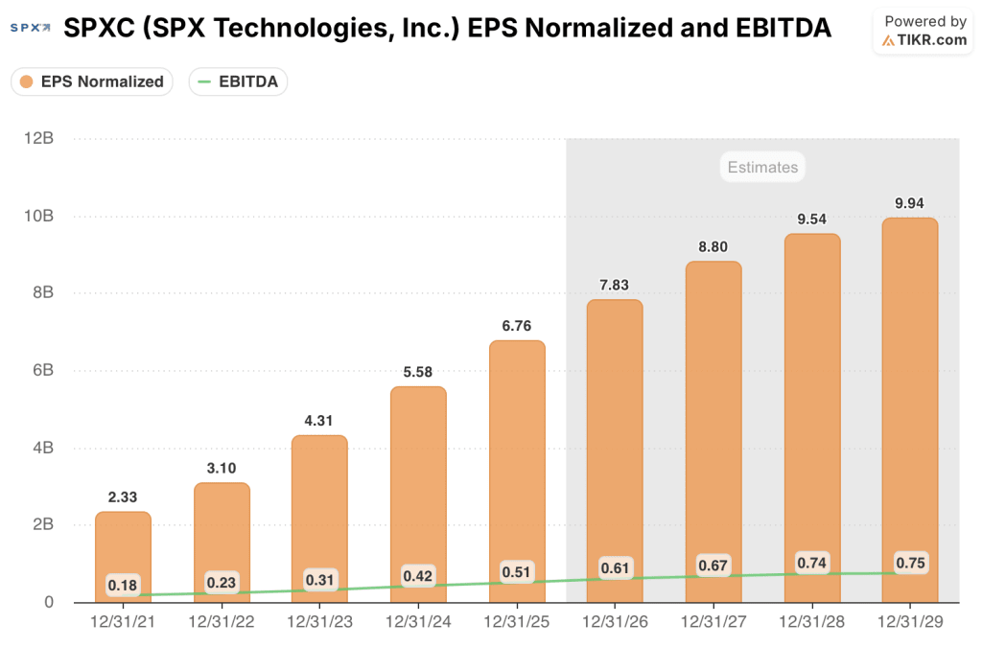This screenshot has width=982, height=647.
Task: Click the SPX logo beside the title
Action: (30, 29)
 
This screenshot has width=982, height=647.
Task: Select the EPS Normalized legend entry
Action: (92, 81)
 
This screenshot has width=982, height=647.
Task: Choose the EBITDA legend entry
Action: (238, 81)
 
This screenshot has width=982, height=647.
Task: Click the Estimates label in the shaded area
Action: (762, 167)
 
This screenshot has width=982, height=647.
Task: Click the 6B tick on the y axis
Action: (40, 370)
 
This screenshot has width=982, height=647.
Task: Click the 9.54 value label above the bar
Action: (811, 219)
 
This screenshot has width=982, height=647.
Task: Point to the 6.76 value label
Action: (517, 326)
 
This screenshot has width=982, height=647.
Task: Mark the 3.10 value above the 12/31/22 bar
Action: (222, 468)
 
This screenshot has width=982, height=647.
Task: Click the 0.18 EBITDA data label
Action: (123, 585)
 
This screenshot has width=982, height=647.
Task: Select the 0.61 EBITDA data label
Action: (615, 568)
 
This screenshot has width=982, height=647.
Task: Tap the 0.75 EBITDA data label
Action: (910, 563)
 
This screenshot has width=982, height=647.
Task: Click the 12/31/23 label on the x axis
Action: (320, 621)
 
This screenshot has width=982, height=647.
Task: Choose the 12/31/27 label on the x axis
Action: (713, 621)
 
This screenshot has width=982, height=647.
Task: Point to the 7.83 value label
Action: (615, 285)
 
